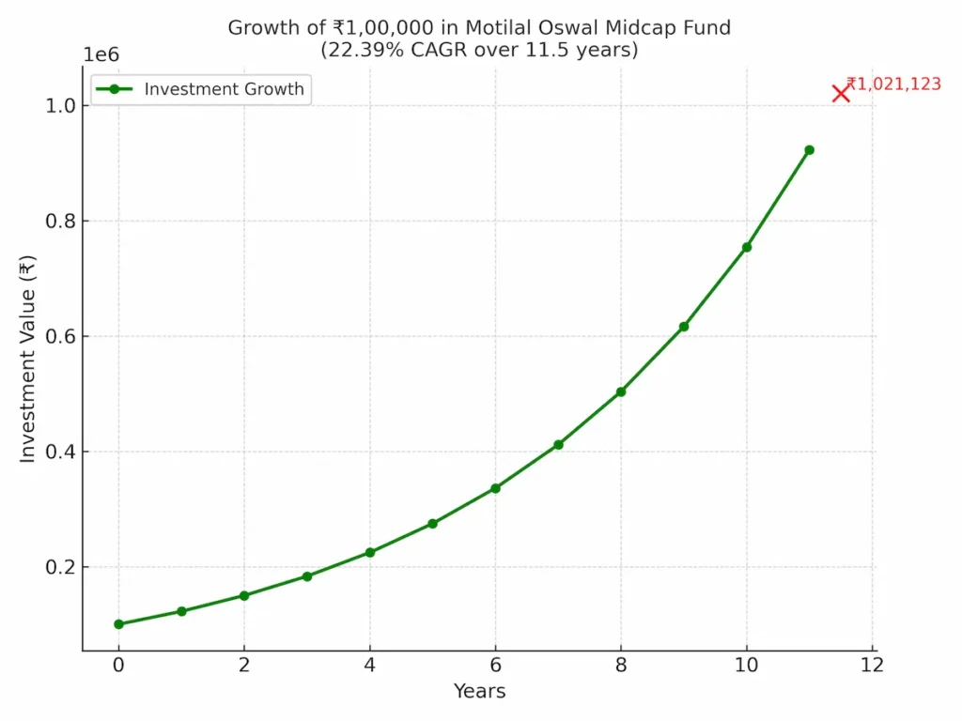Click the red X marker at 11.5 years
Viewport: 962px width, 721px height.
(841, 93)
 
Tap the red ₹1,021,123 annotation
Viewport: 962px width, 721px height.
(894, 84)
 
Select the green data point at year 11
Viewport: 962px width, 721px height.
(809, 150)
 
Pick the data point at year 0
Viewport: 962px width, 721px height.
(118, 624)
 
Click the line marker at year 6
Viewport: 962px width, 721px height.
(495, 488)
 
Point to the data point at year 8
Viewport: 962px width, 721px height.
(621, 391)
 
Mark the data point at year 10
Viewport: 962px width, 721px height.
(747, 247)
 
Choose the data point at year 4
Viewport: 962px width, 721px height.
(370, 552)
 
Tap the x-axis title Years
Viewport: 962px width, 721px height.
(479, 692)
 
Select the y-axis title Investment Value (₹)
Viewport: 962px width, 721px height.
(28, 358)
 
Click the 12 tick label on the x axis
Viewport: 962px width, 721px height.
(872, 666)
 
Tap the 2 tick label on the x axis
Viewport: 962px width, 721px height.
(244, 666)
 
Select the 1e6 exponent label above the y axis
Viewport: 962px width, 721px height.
(101, 54)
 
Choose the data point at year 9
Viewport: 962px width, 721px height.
(684, 327)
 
